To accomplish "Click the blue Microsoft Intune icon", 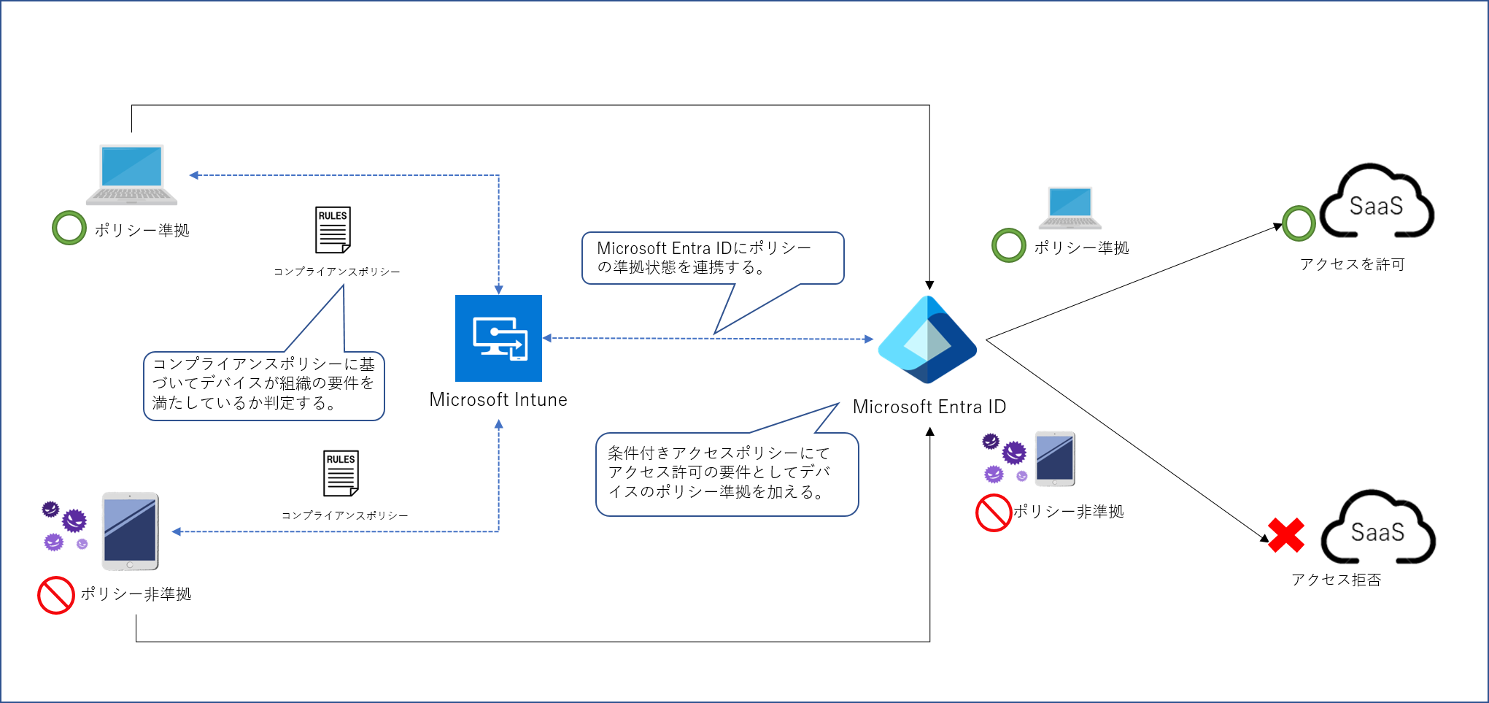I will tap(498, 338).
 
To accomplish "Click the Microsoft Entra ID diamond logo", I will tap(927, 339).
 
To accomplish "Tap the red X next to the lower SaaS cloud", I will tap(1286, 535).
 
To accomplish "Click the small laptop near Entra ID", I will tap(1070, 207).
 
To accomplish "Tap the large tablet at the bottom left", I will tap(130, 531).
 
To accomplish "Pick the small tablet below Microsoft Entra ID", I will tap(1055, 458).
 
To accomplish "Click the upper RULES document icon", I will tap(333, 229).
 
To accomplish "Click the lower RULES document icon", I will tap(341, 473).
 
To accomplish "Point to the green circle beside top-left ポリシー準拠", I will tap(69, 228).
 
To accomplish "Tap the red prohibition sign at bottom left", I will tap(56, 595).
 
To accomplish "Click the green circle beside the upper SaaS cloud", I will tap(1299, 223).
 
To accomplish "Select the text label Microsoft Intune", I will tap(498, 400).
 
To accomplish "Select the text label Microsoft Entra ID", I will tap(929, 407).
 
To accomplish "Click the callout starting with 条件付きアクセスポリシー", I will tap(727, 474).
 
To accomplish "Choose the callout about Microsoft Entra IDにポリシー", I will tap(712, 258).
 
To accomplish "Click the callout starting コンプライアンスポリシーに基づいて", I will tap(263, 385).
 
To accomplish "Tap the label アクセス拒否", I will tap(1336, 580).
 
